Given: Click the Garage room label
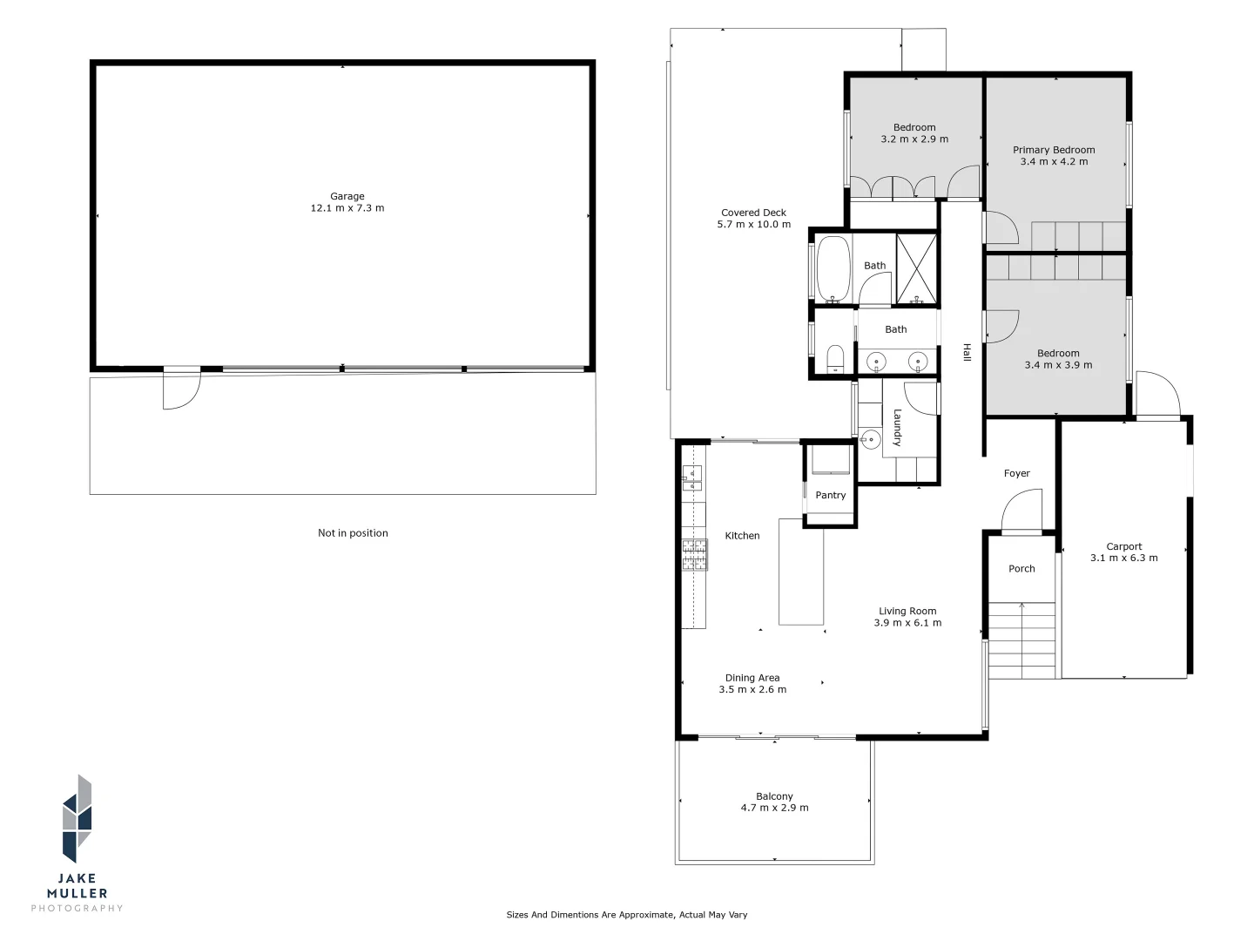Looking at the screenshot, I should (x=347, y=197).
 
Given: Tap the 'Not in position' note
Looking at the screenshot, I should (x=353, y=533).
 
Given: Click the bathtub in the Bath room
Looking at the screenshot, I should (x=833, y=268).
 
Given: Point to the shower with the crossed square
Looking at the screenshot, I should (x=916, y=268).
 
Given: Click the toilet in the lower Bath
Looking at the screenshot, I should (x=834, y=358).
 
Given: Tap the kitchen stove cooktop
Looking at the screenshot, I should (x=694, y=555).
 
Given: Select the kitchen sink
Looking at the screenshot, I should (x=692, y=475).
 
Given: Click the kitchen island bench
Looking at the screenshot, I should (x=801, y=572).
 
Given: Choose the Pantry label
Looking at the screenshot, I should (x=830, y=496).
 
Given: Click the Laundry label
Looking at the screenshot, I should (x=897, y=428).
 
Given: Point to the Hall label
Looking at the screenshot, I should (x=966, y=352).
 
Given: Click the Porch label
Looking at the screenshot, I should (x=1021, y=569).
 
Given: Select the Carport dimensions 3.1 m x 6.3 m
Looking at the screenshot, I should (x=1123, y=559).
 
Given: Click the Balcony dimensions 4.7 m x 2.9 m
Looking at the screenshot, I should (x=774, y=808).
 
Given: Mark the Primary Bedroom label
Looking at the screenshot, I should (x=1054, y=150).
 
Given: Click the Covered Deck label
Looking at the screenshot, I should (x=753, y=213).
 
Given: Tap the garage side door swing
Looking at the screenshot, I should (x=181, y=389).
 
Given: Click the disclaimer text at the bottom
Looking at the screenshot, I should (x=627, y=915).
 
